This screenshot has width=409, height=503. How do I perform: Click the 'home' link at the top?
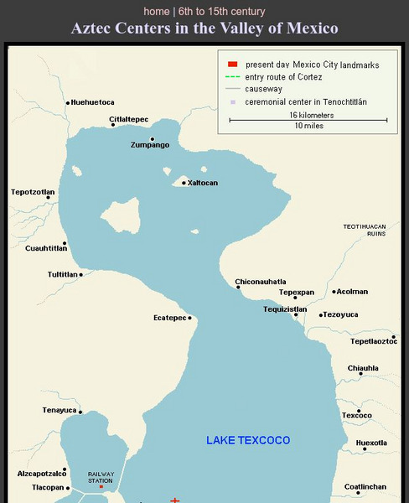click(156, 12)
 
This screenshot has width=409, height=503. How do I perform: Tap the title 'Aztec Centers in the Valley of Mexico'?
click(204, 29)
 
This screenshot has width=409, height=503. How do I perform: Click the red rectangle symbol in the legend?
click(233, 65)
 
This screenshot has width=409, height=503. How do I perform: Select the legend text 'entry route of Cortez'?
click(282, 76)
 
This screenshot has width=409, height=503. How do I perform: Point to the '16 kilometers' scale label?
click(311, 115)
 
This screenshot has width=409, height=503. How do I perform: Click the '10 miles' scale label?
click(308, 126)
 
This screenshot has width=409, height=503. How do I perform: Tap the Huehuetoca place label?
click(92, 102)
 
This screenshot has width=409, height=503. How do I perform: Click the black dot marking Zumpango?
click(152, 139)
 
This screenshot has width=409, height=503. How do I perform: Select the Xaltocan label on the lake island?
click(203, 183)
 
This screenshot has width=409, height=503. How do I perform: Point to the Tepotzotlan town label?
click(33, 192)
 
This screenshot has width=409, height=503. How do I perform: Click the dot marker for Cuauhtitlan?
click(65, 243)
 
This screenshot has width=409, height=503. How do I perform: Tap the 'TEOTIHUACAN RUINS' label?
click(365, 231)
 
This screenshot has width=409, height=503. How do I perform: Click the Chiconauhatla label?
click(261, 281)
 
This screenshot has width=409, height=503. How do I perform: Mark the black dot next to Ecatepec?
click(190, 318)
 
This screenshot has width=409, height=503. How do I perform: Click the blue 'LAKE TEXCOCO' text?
click(248, 440)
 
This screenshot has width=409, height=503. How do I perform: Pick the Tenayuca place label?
click(59, 410)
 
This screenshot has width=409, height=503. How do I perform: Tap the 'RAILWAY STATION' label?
click(101, 477)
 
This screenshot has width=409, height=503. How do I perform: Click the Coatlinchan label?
click(365, 486)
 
